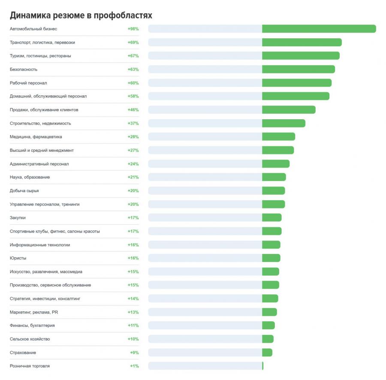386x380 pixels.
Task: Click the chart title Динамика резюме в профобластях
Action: [81, 15]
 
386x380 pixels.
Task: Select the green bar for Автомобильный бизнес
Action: [319, 29]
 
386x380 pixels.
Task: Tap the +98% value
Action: [133, 29]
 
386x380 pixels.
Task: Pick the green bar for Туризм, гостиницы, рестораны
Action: [301, 56]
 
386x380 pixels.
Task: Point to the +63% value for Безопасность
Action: [133, 69]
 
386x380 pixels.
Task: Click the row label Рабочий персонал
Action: [28, 83]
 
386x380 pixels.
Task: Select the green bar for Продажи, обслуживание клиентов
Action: [289, 110]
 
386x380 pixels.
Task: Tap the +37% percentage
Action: [133, 124]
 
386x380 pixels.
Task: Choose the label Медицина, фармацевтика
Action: [36, 137]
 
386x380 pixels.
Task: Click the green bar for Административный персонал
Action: [276, 164]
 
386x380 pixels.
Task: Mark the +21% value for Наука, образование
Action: [133, 177]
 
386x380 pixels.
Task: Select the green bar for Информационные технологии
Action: [271, 244]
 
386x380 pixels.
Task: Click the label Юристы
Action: [18, 258]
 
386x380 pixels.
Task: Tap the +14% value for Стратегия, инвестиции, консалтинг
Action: [133, 299]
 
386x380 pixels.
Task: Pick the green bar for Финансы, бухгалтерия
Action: [268, 326]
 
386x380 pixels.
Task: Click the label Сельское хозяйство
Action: [30, 339]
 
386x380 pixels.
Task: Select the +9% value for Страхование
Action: [134, 353]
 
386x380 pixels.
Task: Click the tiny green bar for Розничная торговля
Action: [263, 366]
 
